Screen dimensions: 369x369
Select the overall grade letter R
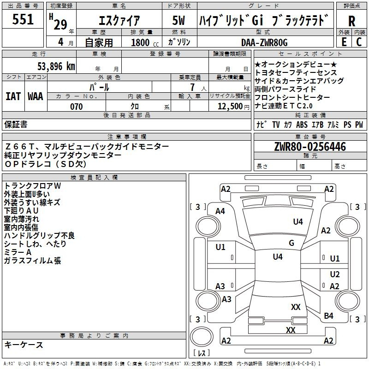pos(352,21)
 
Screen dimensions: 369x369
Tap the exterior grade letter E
pos(344,42)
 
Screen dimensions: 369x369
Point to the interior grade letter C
pos(359,42)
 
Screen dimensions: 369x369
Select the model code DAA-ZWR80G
pos(264,42)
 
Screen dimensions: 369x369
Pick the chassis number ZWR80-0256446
pos(309,147)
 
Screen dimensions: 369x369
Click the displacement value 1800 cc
pos(142,42)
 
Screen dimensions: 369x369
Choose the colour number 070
pos(77,107)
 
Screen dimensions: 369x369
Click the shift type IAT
pos(13,96)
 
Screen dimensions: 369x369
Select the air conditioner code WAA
pos(36,96)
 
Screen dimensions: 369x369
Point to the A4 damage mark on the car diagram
pos(220,211)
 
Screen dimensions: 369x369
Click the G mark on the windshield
pos(292,243)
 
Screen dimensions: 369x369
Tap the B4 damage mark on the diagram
pos(328,315)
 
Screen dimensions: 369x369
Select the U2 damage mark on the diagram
pos(335,274)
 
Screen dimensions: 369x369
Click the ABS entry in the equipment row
pos(302,125)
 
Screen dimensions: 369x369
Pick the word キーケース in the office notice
pos(24,345)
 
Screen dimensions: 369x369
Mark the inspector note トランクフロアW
pos(32,185)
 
